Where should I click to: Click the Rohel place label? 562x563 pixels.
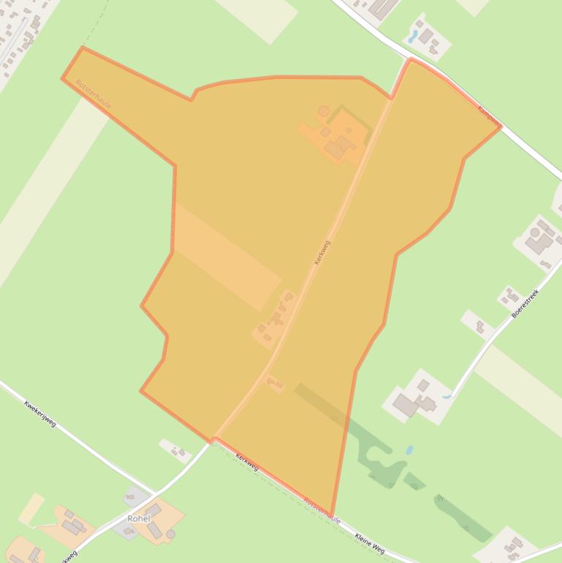tap(138, 518)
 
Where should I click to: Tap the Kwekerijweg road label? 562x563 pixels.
tap(39, 414)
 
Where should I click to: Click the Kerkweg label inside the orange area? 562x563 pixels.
tap(322, 253)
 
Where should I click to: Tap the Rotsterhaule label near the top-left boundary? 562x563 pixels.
tap(93, 95)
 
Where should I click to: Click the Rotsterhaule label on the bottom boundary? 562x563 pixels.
tap(322, 510)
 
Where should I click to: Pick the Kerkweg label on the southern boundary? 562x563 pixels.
tap(246, 462)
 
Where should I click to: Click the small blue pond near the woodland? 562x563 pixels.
tap(409, 450)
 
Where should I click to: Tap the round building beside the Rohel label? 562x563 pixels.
tap(170, 534)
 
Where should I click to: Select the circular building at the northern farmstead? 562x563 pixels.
tap(323, 111)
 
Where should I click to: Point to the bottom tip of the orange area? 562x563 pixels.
tap(332, 516)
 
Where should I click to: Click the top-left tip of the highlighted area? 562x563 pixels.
tap(82, 48)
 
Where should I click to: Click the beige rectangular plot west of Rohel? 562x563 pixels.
tap(31, 509)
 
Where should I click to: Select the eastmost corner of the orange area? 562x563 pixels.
tap(501, 126)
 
